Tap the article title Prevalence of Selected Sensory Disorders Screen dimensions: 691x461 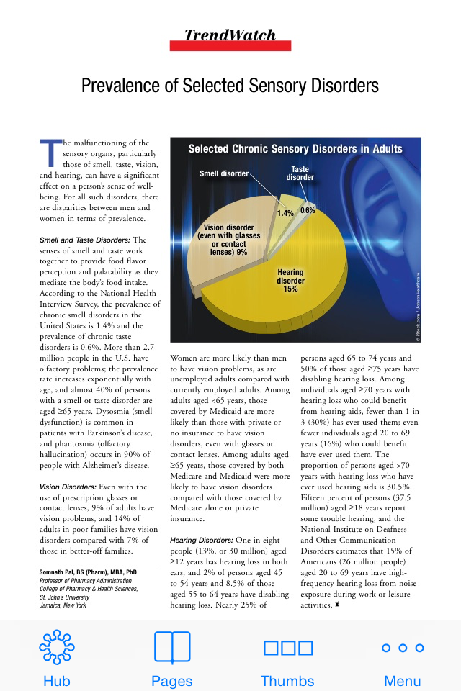pos(230,86)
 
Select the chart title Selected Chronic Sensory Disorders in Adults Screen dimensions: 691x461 pos(295,149)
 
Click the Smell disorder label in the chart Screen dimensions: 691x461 pos(224,173)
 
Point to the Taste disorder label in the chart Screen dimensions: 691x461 pos(300,173)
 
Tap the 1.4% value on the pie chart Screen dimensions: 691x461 pos(285,213)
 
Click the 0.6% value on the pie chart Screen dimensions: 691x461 pos(308,211)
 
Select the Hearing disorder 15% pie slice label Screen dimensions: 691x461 pos(291,281)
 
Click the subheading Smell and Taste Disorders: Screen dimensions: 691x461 pos(84,240)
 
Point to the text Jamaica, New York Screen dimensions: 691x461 pos(63,605)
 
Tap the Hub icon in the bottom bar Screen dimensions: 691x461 pos(57,647)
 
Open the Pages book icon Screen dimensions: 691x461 pos(172,647)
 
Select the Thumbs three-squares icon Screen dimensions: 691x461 pos(287,647)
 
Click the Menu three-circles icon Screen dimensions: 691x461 pos(402,648)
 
